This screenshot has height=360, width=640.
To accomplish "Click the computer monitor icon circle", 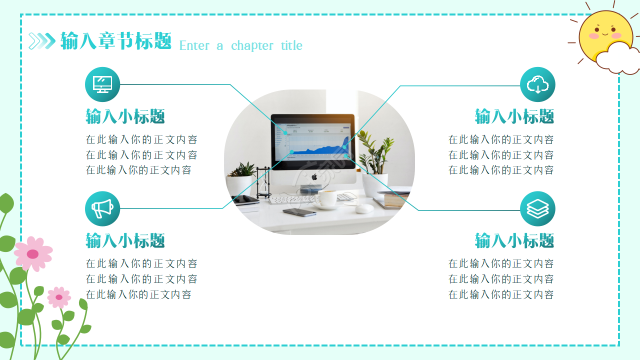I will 102,84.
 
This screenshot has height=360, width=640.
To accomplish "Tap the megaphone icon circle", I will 102,208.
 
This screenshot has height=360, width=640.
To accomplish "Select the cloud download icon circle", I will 537,84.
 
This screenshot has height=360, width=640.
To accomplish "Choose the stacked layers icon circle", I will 537,208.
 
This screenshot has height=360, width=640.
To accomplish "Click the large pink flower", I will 33,253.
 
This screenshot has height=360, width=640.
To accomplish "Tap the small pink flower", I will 59,297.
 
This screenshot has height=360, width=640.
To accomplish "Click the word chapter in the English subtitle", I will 252,46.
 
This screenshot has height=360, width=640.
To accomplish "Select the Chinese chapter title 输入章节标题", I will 116,41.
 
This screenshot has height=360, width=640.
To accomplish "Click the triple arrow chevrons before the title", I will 42,41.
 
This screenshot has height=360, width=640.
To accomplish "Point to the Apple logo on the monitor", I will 314,177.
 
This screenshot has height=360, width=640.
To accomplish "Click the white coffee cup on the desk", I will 327,198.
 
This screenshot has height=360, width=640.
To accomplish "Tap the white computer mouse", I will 364,208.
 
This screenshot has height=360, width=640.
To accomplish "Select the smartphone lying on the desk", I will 299,212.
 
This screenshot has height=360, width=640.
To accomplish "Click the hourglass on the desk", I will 263,182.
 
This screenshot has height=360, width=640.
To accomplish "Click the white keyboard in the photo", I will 292,199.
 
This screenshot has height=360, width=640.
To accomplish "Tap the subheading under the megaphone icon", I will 125,241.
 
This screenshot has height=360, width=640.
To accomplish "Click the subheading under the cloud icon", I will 514,117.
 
